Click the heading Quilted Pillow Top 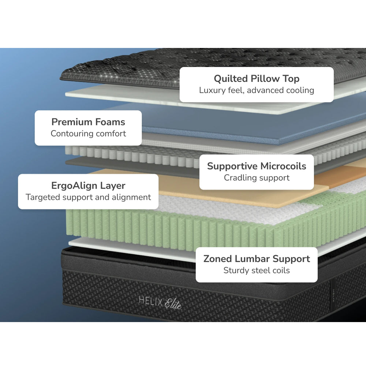(257, 79)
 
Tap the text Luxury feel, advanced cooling (257, 90)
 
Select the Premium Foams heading (88, 122)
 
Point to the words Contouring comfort (88, 134)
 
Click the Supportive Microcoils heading (257, 166)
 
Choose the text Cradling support (257, 178)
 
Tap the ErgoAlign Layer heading (88, 186)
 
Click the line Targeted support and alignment (88, 197)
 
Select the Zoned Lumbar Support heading (257, 259)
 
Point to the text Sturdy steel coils (257, 270)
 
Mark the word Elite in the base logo (173, 304)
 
